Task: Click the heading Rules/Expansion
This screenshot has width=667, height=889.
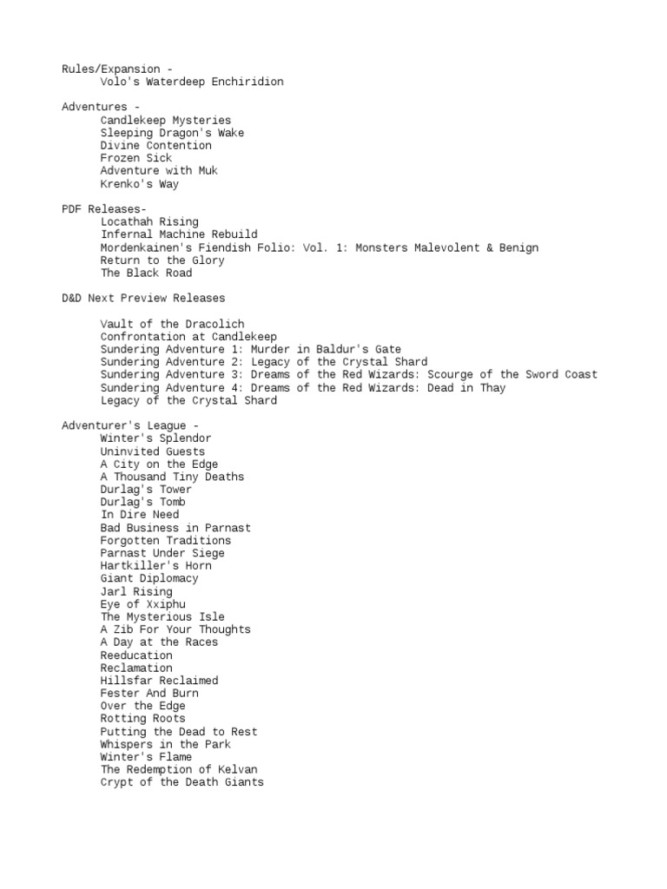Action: point(110,69)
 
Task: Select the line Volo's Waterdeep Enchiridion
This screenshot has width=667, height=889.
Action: point(191,82)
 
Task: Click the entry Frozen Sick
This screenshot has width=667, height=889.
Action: point(135,158)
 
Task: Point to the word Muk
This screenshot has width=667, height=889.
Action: point(208,171)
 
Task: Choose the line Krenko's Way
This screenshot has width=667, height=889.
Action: point(139,184)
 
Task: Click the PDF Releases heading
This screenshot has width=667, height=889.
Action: point(104,209)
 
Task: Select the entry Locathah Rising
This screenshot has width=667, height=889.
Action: point(149,222)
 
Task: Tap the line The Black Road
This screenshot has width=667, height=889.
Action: point(146,273)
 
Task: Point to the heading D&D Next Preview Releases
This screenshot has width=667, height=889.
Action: point(142,299)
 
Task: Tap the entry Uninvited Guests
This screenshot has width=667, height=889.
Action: point(153,451)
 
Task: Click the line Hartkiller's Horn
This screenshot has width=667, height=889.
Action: point(155,565)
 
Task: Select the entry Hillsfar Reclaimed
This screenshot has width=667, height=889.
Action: point(159,680)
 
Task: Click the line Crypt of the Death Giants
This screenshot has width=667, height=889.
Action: point(182,782)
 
